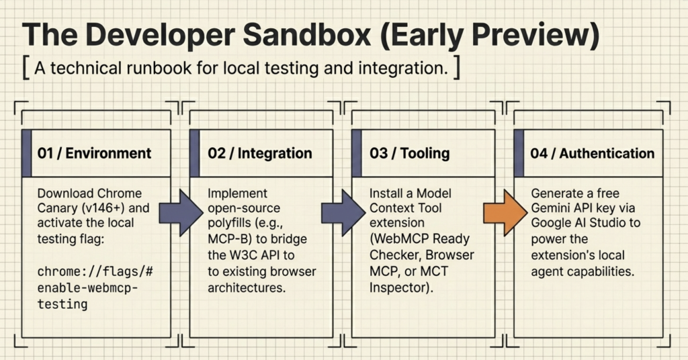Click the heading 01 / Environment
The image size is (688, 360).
(94, 153)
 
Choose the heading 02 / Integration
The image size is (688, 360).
(260, 153)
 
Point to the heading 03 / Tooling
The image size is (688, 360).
(409, 153)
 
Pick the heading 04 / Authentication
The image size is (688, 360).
(592, 153)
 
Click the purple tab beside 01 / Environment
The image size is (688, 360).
(27, 153)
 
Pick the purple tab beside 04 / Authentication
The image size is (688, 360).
(519, 153)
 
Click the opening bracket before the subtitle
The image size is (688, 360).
(26, 69)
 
